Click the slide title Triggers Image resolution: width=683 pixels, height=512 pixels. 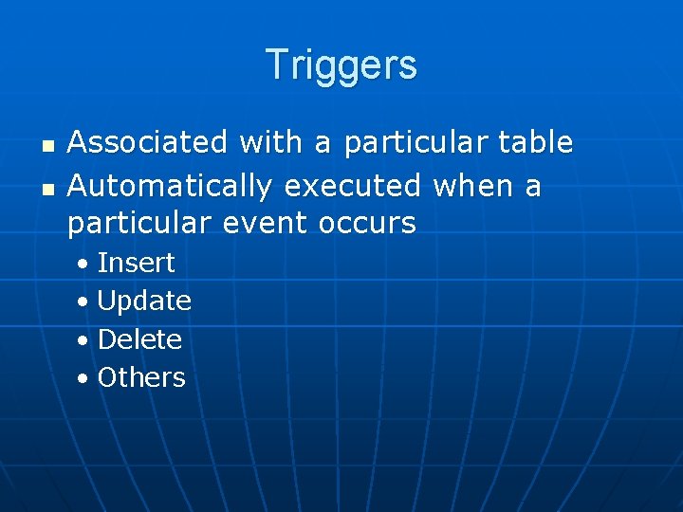tap(341, 64)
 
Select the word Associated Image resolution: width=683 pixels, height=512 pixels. tap(148, 142)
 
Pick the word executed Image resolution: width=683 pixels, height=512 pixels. tap(352, 185)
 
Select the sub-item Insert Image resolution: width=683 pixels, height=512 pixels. tap(136, 262)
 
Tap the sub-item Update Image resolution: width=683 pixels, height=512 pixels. tap(144, 301)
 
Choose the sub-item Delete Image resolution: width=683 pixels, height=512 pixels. tap(139, 338)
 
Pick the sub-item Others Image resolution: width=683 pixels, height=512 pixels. tap(141, 377)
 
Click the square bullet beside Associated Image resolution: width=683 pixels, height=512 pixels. tap(49, 145)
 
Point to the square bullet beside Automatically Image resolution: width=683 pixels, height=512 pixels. tap(49, 188)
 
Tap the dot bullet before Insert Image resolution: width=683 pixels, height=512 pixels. tap(84, 264)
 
